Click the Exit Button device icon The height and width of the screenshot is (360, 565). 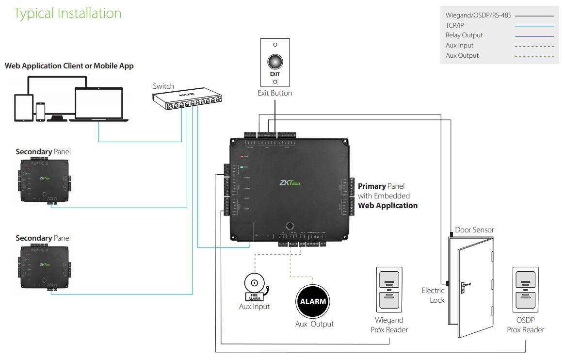tap(275, 62)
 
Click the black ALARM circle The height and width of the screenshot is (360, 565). tap(313, 301)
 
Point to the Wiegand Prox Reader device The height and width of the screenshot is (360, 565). tap(389, 290)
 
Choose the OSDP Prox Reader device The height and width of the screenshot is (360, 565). tap(525, 290)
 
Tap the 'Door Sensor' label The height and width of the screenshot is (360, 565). tap(474, 229)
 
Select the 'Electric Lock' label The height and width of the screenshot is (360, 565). tap(433, 295)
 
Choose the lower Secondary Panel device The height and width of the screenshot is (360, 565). tap(44, 267)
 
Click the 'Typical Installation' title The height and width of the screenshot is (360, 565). tap(67, 13)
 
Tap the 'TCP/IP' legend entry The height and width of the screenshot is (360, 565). tap(455, 25)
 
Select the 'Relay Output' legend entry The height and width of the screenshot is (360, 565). tap(464, 35)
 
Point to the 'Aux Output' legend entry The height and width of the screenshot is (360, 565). tap(462, 55)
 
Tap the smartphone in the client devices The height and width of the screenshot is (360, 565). tap(40, 112)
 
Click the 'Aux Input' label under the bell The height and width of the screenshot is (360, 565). tap(254, 307)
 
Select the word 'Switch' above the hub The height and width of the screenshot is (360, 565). tap(163, 86)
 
